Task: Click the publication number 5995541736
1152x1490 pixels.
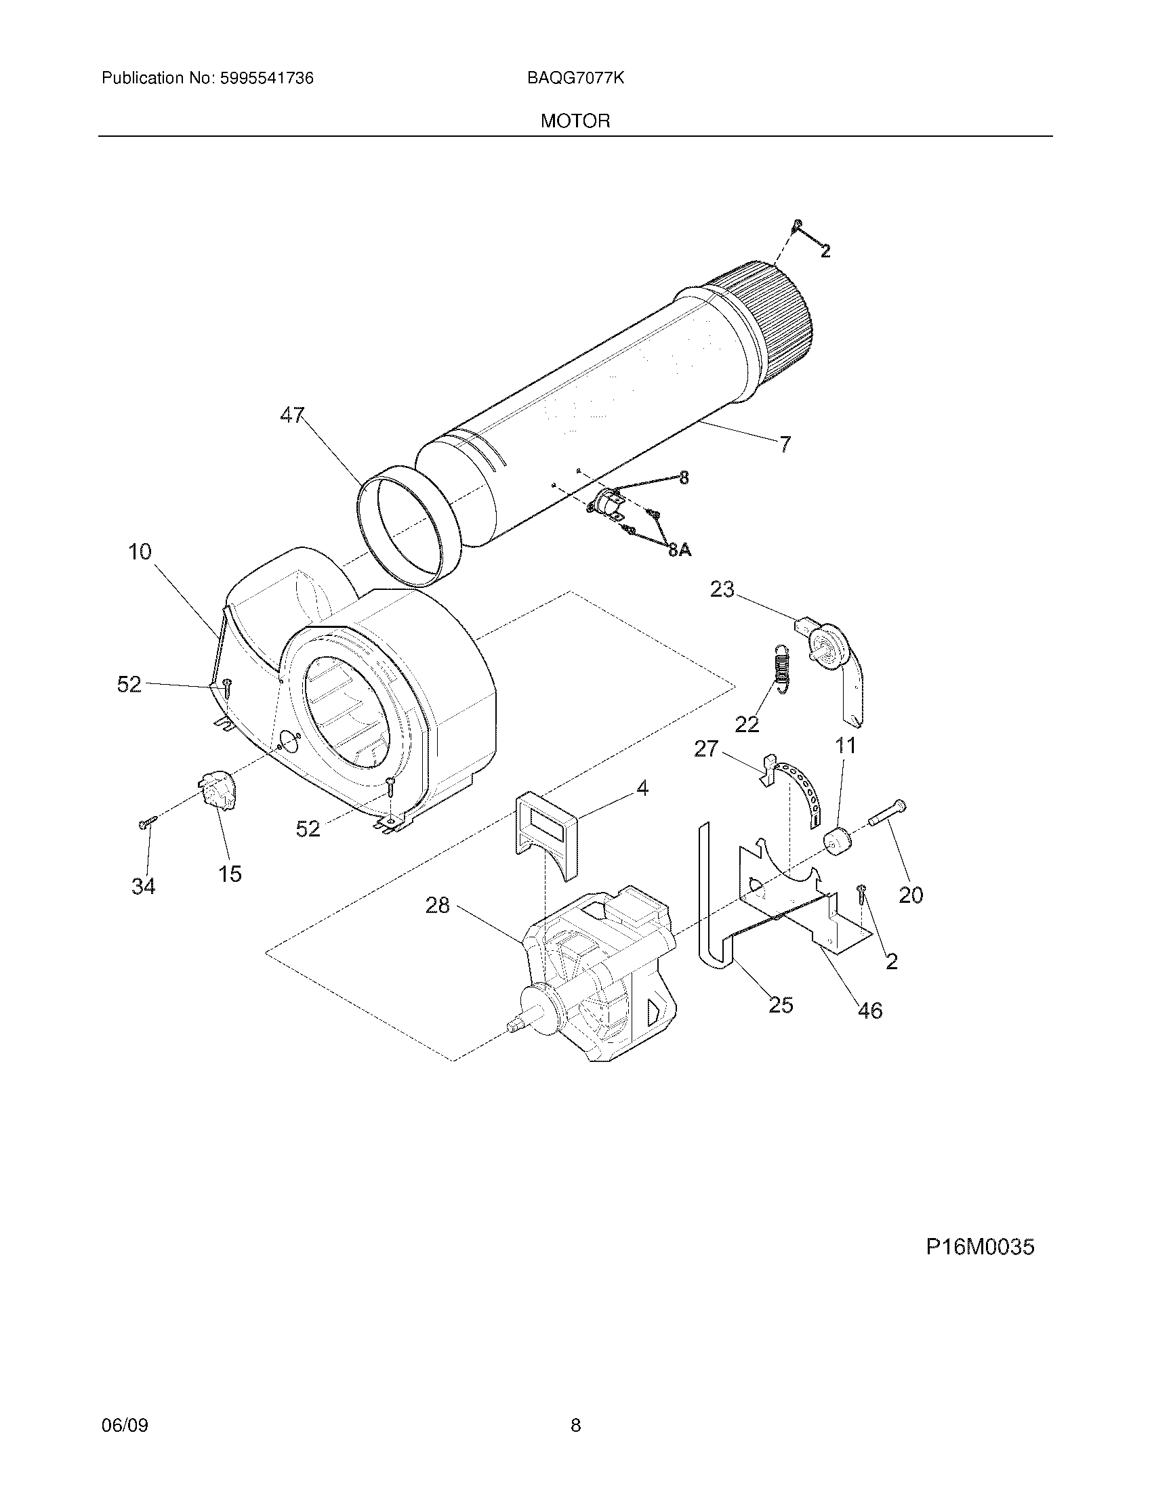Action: click(266, 79)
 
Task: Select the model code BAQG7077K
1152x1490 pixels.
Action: click(575, 79)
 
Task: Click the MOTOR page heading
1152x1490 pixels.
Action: click(575, 121)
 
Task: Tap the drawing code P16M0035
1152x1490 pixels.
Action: click(979, 1247)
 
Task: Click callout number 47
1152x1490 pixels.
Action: click(292, 414)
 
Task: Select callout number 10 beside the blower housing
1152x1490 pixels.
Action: click(140, 551)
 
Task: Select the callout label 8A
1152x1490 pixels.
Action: click(679, 550)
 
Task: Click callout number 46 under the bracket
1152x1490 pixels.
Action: click(869, 1010)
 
